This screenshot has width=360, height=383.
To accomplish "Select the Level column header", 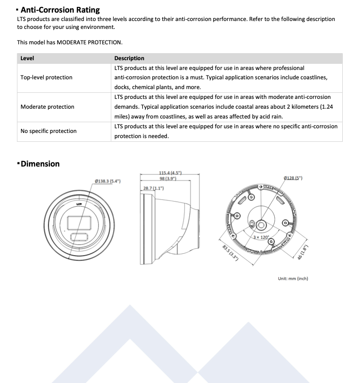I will click(x=27, y=58).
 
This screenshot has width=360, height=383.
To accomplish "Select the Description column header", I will click(x=129, y=58).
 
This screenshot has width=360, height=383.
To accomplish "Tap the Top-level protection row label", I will click(x=46, y=77).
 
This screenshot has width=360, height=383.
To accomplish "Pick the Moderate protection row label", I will click(x=47, y=107).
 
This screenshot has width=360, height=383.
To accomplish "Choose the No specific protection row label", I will click(x=48, y=131).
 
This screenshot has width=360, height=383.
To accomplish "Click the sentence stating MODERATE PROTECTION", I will click(x=70, y=42).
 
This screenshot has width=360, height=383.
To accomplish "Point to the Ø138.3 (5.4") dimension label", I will click(x=108, y=181).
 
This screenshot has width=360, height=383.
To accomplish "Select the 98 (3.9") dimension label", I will click(x=167, y=179).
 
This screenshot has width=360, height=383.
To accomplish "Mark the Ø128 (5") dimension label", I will click(x=293, y=178).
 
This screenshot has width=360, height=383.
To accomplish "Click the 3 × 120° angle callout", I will click(x=261, y=237).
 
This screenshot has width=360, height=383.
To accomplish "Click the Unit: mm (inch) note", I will click(x=293, y=279).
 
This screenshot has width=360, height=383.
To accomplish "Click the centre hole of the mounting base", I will click(x=261, y=225).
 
